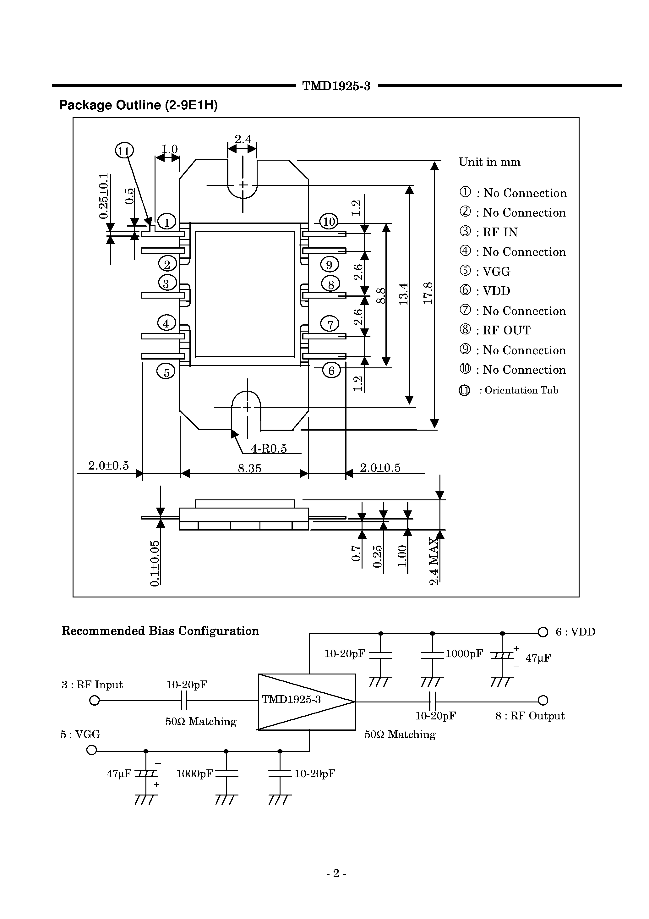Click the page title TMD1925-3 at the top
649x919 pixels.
click(336, 86)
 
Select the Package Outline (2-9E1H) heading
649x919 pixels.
click(139, 105)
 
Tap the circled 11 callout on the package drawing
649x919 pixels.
click(124, 151)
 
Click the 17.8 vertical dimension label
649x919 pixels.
click(428, 293)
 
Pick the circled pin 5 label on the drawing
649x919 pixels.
click(166, 372)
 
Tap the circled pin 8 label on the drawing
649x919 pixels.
click(331, 284)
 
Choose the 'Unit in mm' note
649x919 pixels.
click(489, 162)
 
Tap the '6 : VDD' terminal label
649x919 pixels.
click(575, 632)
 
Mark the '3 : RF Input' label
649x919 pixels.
click(92, 685)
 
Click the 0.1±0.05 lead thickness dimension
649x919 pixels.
click(155, 563)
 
